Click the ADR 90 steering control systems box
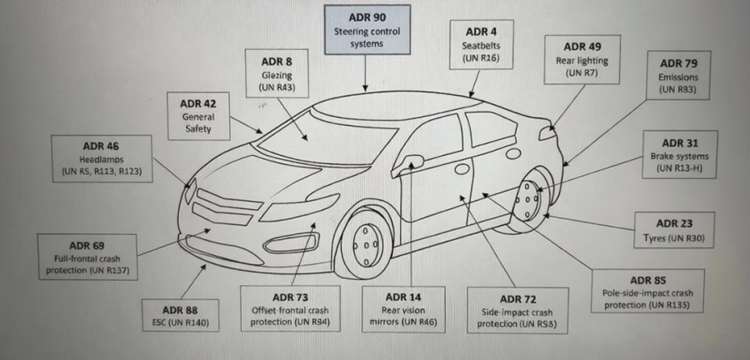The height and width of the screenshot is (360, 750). click(367, 30)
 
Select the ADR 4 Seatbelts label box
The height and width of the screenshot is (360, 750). click(481, 45)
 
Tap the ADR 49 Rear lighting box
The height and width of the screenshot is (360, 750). click(582, 60)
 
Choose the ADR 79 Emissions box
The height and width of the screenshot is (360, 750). click(678, 76)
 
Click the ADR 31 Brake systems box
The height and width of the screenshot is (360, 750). click(680, 154)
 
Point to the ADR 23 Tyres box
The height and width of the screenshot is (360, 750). click(674, 231)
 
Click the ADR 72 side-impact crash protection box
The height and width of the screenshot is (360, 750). click(517, 311)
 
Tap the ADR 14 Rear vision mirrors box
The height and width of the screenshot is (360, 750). click(403, 309)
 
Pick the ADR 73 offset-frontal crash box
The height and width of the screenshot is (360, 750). click(290, 309)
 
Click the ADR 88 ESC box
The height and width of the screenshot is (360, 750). click(180, 316)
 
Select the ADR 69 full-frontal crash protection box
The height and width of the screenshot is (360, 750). click(87, 257)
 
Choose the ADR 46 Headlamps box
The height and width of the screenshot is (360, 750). click(102, 158)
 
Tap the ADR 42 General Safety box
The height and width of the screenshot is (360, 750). click(198, 116)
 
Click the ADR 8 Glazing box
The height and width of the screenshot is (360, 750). click(277, 73)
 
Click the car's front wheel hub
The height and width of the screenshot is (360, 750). click(367, 245)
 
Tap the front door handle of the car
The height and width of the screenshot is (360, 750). click(462, 169)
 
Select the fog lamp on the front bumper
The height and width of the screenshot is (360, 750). click(291, 242)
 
